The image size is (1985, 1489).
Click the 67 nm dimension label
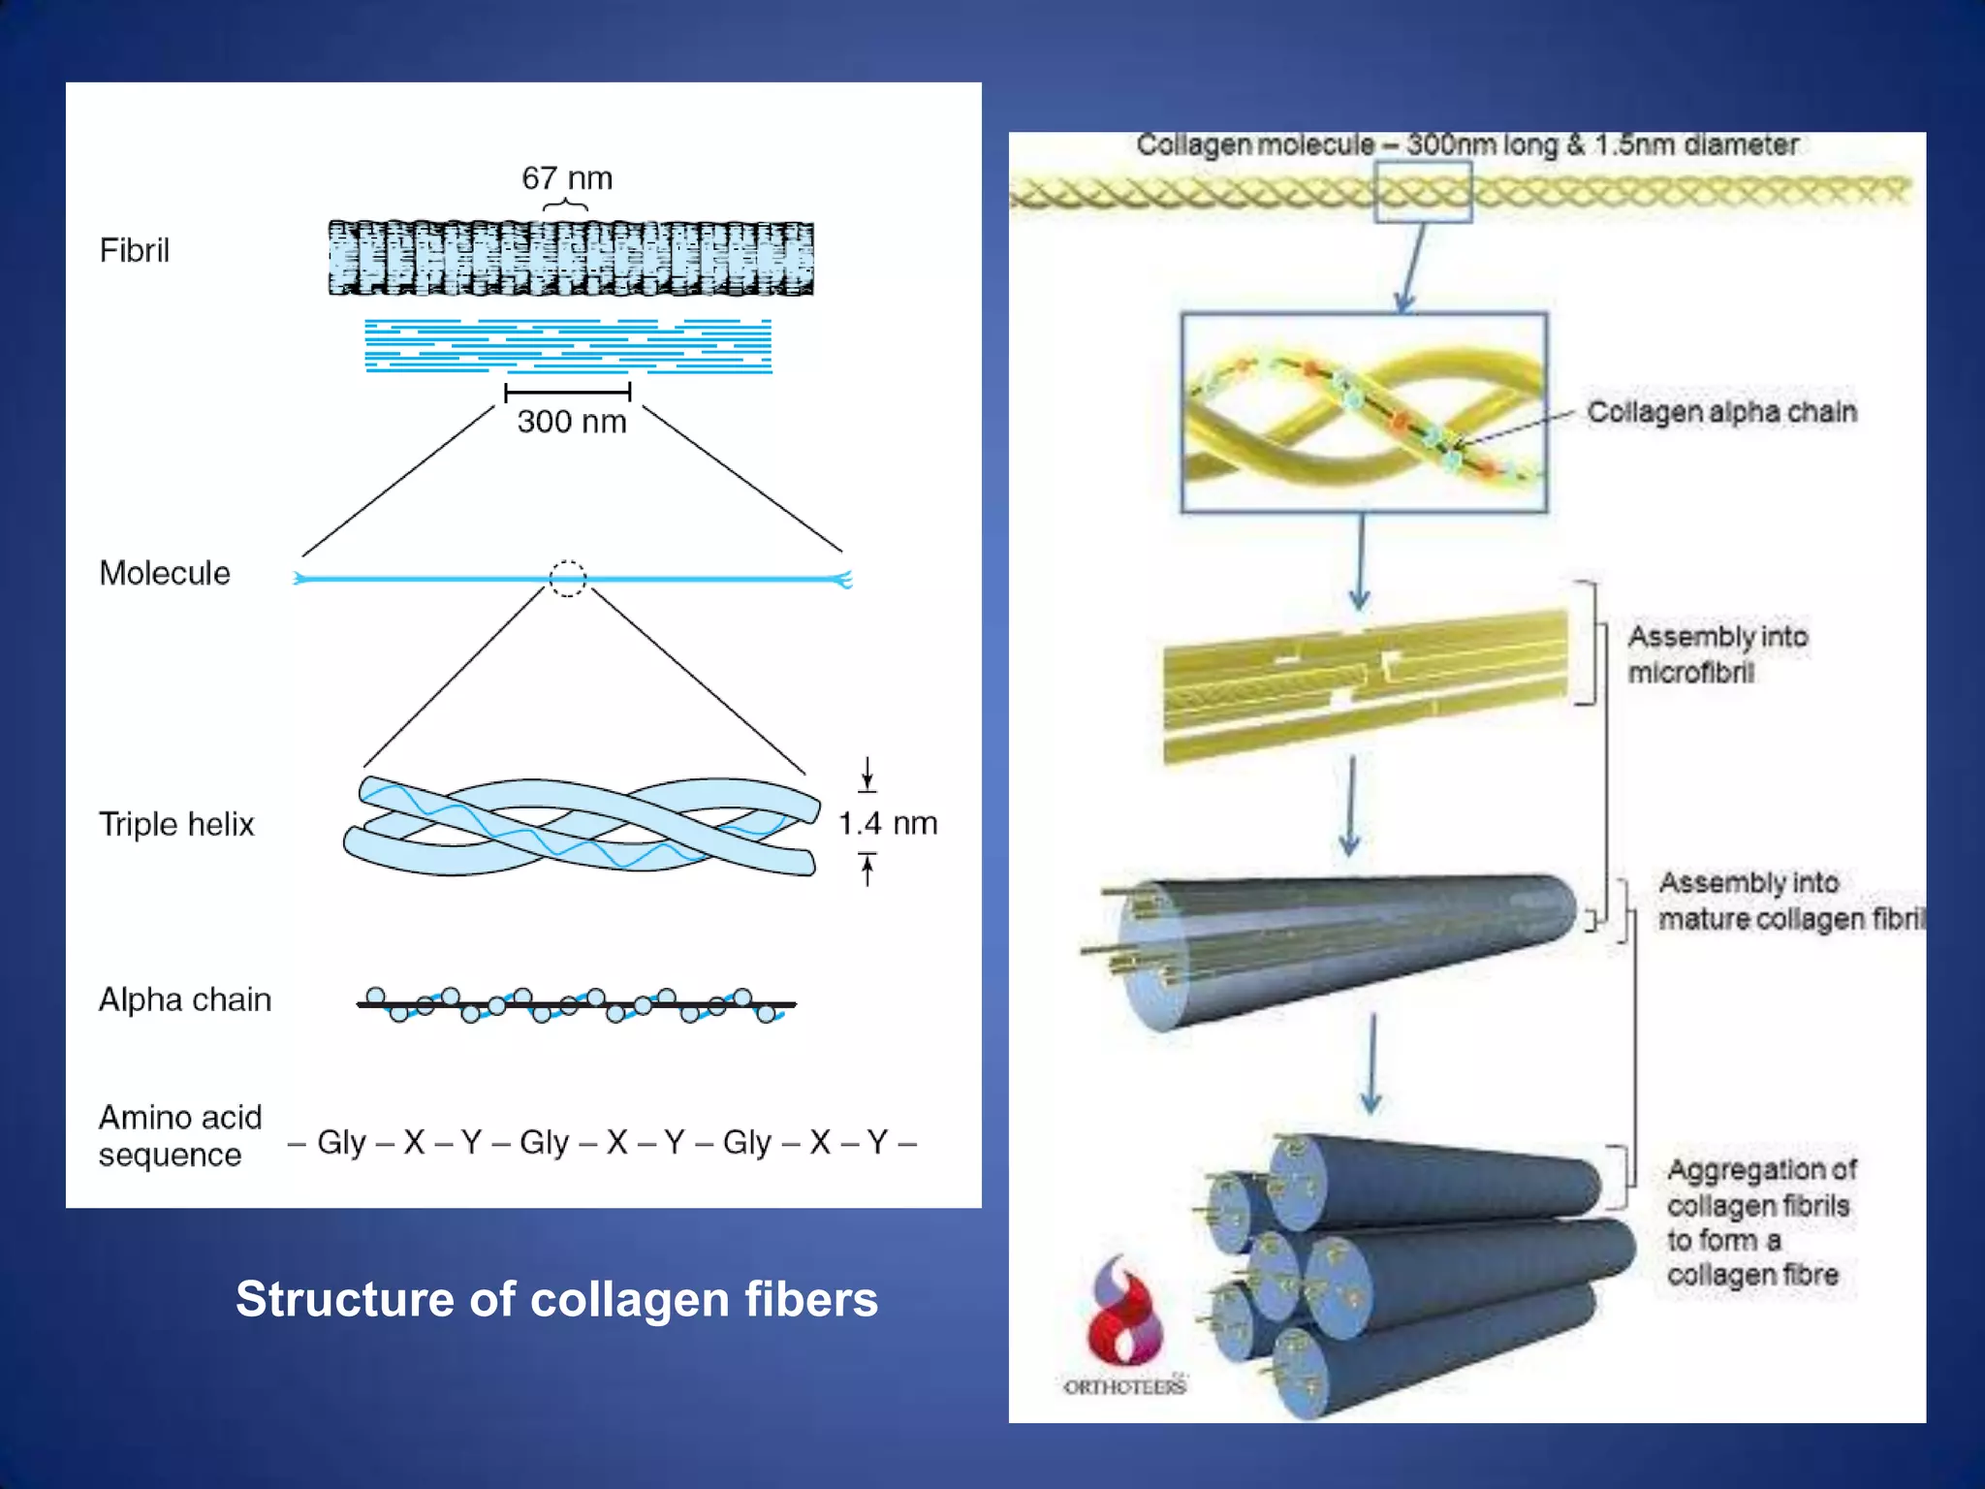(567, 178)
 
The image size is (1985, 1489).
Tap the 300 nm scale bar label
(571, 422)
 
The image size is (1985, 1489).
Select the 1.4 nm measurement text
(888, 824)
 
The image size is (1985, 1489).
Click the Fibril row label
(135, 251)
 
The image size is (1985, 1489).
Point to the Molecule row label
(165, 573)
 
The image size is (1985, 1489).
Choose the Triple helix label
(176, 824)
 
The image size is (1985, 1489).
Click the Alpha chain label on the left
(185, 999)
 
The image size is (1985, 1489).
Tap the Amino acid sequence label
(180, 1136)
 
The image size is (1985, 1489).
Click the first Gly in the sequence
(341, 1143)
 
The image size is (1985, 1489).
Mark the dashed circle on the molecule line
(568, 579)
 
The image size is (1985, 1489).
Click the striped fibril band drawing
(571, 259)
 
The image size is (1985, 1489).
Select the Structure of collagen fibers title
(556, 1299)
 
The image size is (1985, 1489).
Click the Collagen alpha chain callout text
(1721, 412)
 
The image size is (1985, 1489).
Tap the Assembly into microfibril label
(1717, 654)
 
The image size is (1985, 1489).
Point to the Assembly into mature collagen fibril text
(1788, 901)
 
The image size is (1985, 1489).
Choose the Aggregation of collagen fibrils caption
(1761, 1222)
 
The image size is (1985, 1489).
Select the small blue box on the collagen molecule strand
(1423, 192)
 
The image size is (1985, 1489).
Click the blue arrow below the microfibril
(1350, 805)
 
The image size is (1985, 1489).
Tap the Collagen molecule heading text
(1467, 145)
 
